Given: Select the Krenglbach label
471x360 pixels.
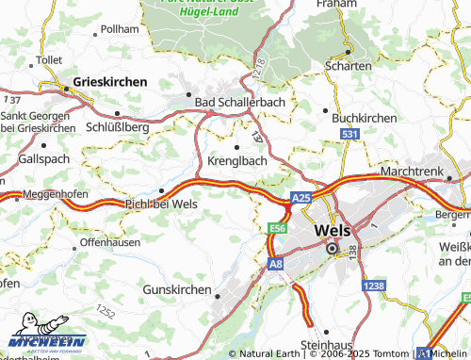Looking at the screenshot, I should [x=236, y=160].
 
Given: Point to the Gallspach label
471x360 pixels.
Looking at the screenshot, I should [x=43, y=158].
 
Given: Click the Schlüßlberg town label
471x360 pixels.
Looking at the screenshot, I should [x=118, y=125].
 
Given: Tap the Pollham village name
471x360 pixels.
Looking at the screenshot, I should [x=120, y=30].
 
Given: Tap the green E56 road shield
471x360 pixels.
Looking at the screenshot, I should [x=277, y=229].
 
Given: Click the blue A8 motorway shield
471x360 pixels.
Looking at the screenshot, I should [x=275, y=266].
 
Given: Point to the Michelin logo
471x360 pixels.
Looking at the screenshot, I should [x=46, y=341].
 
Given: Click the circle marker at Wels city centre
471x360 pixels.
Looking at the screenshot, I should [x=332, y=249].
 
